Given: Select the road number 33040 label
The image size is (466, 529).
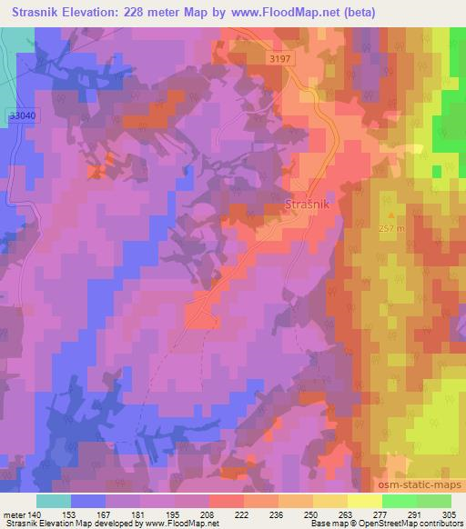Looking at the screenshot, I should pyautogui.click(x=22, y=116).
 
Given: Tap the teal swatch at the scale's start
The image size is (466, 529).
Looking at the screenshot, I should pyautogui.click(x=54, y=500).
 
